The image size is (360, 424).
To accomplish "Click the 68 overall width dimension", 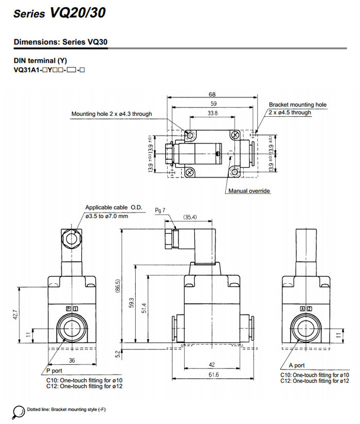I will (212, 95).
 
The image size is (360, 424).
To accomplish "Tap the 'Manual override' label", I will (249, 191).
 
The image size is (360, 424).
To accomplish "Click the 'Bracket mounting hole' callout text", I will (298, 104).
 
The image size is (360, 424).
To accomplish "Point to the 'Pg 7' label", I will (160, 210).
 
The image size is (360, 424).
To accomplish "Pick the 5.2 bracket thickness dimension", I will (118, 354).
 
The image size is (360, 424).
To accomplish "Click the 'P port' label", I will (53, 370).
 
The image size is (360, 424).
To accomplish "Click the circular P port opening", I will (71, 327).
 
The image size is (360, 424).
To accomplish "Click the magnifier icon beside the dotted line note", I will (19, 410).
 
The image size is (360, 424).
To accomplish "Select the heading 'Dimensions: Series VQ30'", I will (61, 42).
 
